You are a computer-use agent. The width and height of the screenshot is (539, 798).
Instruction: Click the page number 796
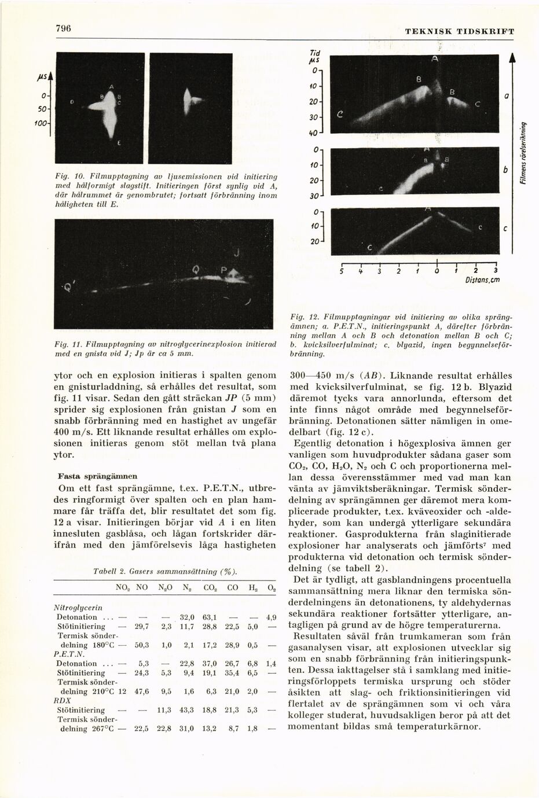63,28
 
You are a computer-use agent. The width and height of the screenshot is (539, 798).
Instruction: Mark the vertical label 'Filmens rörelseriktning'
523,153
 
